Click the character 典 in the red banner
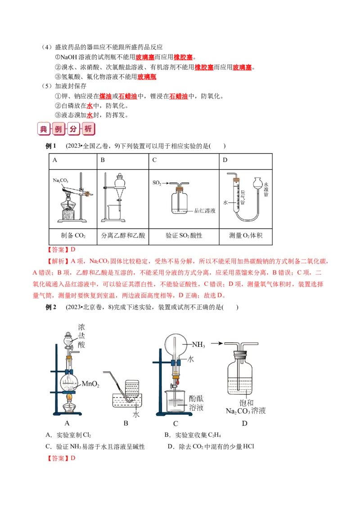(44, 129)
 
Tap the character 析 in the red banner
(88, 129)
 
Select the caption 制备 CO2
(73, 235)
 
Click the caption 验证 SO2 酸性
(184, 235)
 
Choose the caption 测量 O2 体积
(245, 235)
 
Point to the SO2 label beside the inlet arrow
(157, 183)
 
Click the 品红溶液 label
(204, 210)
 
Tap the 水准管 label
(266, 189)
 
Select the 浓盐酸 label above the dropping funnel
(81, 335)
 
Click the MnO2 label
(90, 384)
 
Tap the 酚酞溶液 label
(196, 402)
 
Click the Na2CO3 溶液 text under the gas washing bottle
(245, 411)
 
